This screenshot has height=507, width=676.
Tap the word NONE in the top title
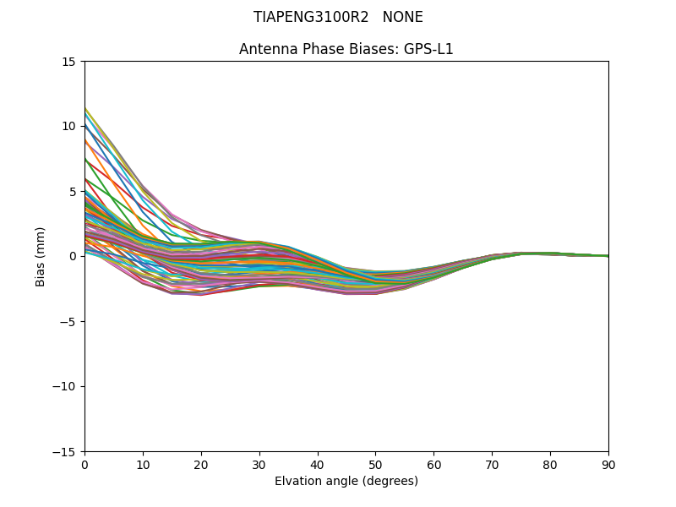(402, 17)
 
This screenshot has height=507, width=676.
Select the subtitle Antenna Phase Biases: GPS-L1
(346, 49)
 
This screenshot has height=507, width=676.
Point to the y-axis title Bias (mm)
(41, 256)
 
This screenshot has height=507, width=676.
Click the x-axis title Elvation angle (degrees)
(346, 482)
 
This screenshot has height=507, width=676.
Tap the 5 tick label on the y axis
(73, 191)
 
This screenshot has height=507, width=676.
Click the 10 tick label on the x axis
(143, 465)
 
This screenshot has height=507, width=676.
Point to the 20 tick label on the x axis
(201, 465)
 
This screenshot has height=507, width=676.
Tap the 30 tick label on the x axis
(259, 465)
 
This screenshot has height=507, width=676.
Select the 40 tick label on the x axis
(318, 465)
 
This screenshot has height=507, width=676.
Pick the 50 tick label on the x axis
(375, 465)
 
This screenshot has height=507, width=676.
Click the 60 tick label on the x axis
(433, 465)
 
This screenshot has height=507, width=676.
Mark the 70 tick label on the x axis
(492, 465)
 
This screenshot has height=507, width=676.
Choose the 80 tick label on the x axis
(550, 465)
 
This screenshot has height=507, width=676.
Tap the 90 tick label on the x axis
(608, 465)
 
